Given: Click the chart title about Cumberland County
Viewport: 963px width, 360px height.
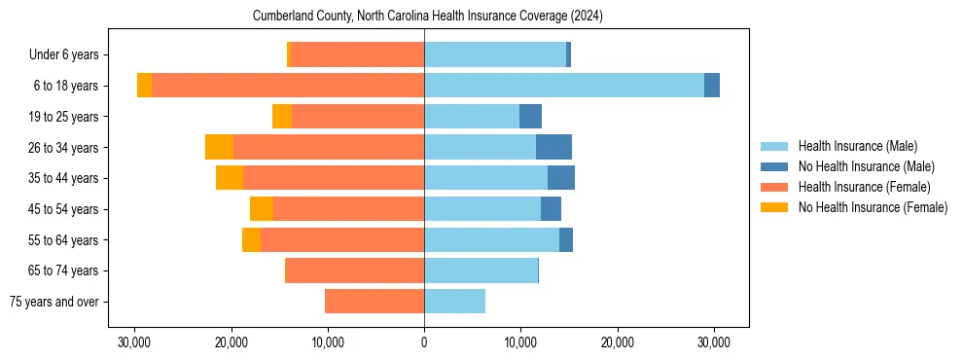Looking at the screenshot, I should point(428,17).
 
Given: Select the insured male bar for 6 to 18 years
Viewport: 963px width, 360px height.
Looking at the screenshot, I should point(564,86).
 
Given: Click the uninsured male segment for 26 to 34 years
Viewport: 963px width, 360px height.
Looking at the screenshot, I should point(553,147).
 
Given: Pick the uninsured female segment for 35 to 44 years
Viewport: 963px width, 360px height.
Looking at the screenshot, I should point(230,178).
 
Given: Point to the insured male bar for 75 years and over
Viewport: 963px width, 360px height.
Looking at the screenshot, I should point(454,302).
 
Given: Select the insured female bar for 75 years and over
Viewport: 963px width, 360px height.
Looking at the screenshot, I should point(374,302).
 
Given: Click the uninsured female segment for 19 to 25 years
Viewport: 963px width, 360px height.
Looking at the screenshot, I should point(282,117).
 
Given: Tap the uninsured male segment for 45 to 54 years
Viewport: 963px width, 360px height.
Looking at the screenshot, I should point(551,209).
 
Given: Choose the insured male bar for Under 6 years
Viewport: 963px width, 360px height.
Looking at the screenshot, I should point(495,54).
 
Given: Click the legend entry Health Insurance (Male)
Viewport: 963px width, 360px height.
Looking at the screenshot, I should point(857,146).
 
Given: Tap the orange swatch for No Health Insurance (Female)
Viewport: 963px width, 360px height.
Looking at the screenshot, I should point(774,207).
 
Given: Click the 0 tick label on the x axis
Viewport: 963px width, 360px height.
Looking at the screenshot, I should point(424,342).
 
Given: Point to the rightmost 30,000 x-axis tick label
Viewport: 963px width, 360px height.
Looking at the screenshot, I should point(715,342).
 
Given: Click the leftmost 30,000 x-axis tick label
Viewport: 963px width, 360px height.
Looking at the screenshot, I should point(134,342).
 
